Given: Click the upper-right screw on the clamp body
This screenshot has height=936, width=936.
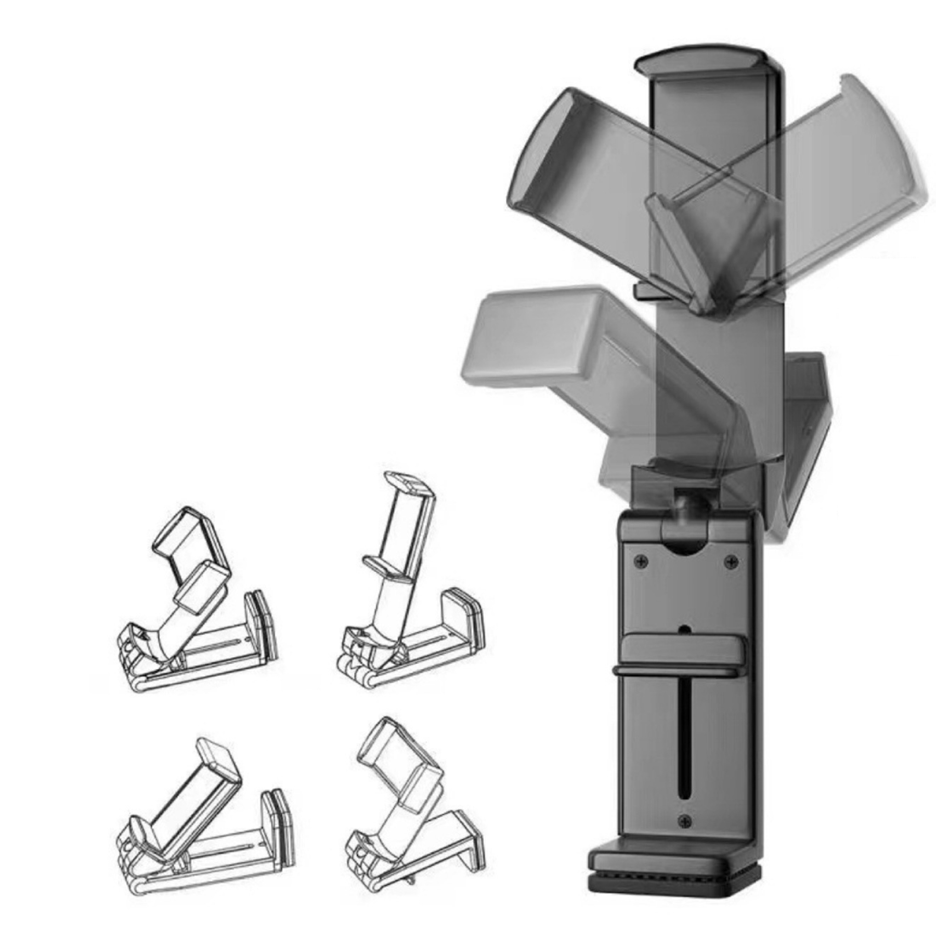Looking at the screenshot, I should click(731, 561).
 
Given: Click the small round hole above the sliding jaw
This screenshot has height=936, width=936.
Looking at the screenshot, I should click(685, 629).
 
